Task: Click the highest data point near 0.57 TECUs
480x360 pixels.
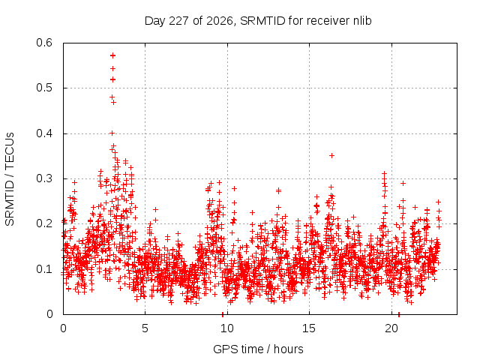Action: tap(112, 55)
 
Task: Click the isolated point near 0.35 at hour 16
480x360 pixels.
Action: tap(331, 156)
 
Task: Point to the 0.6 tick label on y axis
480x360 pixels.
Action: tap(44, 43)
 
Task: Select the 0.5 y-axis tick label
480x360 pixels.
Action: tap(44, 88)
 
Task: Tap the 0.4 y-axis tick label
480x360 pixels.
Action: tap(44, 133)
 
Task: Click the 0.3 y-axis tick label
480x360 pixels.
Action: tap(44, 178)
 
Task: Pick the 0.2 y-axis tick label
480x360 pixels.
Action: tap(44, 223)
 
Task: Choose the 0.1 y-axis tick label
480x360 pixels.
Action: tap(44, 269)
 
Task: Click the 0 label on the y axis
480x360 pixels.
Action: tap(49, 314)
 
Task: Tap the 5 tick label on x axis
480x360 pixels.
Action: tap(145, 328)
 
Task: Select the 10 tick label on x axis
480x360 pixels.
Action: tap(226, 328)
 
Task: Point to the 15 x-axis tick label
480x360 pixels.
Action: tap(309, 328)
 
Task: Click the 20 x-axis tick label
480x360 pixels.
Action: tap(391, 328)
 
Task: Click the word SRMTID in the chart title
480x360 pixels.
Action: tap(262, 21)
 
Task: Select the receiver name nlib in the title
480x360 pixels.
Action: tap(362, 21)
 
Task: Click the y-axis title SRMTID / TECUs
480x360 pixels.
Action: tap(10, 179)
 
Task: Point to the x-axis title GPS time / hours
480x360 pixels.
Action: tap(258, 349)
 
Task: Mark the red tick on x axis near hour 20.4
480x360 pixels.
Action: tap(398, 314)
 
